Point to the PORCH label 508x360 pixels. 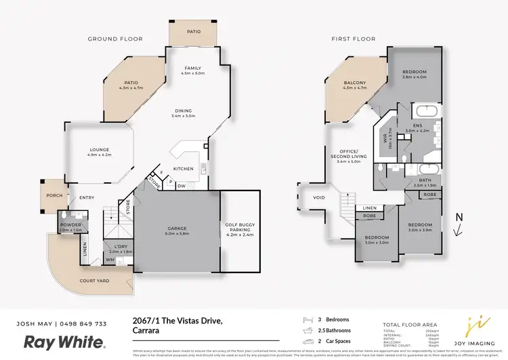54,196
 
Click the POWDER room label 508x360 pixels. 70,224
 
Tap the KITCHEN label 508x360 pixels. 184,168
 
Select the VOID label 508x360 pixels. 320,198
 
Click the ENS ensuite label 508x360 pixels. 418,125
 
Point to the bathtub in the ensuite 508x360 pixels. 427,111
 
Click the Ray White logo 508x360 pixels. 65,341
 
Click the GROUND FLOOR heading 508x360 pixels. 115,39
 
